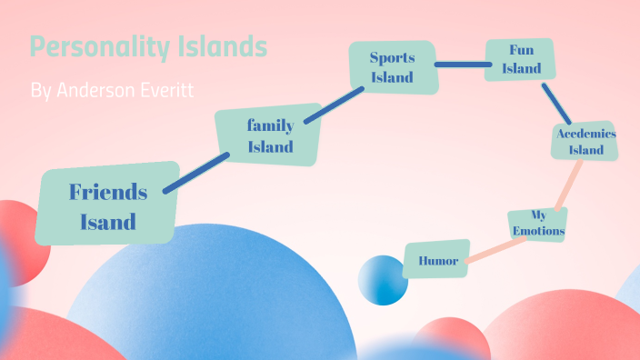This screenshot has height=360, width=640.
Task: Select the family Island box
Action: click(x=269, y=135)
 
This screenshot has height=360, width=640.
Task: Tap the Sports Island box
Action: click(x=393, y=67)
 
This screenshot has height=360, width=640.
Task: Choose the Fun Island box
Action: click(x=519, y=59)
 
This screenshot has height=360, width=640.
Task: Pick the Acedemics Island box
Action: click(x=585, y=141)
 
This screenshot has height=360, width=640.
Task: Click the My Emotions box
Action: click(x=538, y=224)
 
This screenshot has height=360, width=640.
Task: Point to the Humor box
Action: click(x=436, y=260)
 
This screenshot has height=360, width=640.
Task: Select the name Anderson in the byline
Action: click(x=99, y=91)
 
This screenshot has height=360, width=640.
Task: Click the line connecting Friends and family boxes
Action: click(x=195, y=173)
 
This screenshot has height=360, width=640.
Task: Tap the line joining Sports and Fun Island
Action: click(x=460, y=65)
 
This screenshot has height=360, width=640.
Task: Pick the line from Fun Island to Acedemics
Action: click(x=555, y=103)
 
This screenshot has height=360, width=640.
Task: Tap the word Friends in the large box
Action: click(x=107, y=192)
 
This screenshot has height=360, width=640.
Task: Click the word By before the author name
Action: click(x=40, y=91)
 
